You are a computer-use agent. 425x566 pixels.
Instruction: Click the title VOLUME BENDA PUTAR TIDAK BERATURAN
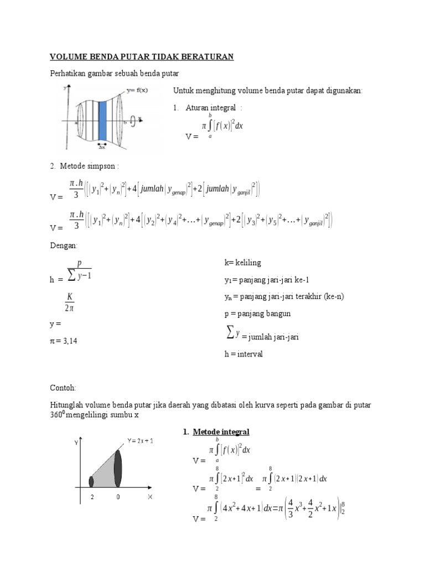[x=142, y=56]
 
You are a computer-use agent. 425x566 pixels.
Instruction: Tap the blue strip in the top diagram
[x=102, y=120]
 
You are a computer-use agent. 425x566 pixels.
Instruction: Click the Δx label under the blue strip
[x=102, y=146]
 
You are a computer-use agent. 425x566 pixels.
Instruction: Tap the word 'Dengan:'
[x=64, y=244]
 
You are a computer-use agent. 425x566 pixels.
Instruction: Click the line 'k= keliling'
[x=242, y=263]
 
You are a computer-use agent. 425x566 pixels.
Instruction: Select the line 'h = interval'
[x=243, y=354]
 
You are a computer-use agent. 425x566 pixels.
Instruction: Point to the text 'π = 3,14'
[x=64, y=341]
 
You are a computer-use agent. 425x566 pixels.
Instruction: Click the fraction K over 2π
[x=70, y=302]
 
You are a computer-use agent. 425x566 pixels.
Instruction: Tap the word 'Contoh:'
[x=64, y=388]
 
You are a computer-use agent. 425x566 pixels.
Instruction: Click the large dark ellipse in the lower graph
[x=117, y=469]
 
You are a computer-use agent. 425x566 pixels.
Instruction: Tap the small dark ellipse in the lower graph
[x=91, y=481]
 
